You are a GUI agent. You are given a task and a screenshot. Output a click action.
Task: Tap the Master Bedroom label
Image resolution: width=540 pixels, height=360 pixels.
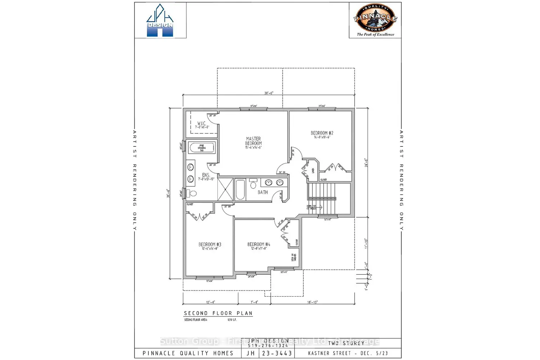coord(253,141)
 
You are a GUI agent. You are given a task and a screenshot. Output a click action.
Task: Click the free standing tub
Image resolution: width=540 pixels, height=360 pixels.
coord(202,148)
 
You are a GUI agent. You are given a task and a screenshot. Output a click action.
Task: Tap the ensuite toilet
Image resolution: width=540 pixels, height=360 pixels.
coord(193,194)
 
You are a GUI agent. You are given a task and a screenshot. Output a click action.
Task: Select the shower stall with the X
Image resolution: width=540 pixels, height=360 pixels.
coord(225,189)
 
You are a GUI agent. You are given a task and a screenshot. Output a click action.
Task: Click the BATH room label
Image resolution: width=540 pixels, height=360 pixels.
coord(262,192)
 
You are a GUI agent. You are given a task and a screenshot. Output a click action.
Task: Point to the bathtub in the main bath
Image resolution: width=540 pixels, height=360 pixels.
coord(240,189)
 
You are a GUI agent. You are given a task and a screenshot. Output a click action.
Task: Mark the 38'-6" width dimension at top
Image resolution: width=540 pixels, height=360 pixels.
coord(269,93)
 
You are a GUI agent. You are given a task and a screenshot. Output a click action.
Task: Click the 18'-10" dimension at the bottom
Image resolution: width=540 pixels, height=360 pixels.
coord(312,302)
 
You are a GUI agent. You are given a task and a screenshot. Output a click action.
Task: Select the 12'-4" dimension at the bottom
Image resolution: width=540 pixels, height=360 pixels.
coord(211,302)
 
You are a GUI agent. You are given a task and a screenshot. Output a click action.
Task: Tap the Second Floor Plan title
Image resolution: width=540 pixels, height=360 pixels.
coord(218,313)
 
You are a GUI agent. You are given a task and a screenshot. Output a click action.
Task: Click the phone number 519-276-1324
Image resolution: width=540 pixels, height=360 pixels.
coord(268,346)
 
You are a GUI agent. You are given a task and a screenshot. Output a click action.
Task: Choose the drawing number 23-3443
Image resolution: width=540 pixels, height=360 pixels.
coord(276,354)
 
